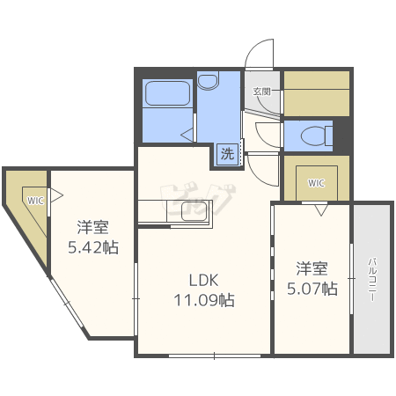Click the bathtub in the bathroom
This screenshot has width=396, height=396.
point(167,93)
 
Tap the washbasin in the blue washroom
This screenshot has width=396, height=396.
point(209,82)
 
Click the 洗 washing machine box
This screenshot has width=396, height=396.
point(228,154)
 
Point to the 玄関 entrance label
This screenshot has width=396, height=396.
point(262,91)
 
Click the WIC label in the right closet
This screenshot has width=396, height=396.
point(315,183)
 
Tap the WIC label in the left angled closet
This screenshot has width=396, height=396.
point(34,200)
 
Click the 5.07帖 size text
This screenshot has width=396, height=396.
point(312,288)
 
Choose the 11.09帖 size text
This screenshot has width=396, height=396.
point(202,300)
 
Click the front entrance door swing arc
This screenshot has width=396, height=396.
point(257,55)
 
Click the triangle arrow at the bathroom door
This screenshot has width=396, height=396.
point(187,134)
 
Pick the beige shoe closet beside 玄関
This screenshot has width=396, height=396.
point(315,92)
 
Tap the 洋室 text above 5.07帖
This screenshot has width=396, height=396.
point(312,268)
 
